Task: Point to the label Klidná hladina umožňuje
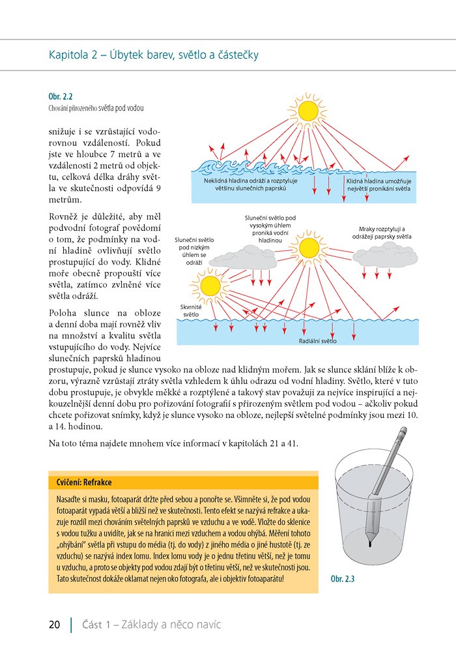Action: click(x=378, y=183)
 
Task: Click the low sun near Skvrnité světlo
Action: click(x=210, y=285)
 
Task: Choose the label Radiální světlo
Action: click(x=317, y=340)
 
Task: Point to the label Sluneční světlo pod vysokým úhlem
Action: click(x=270, y=228)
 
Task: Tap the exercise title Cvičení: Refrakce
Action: click(x=80, y=482)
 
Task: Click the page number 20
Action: click(x=55, y=625)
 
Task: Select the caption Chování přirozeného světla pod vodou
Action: click(x=96, y=108)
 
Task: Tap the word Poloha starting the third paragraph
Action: click(x=64, y=313)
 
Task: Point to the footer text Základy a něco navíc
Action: click(x=165, y=625)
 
